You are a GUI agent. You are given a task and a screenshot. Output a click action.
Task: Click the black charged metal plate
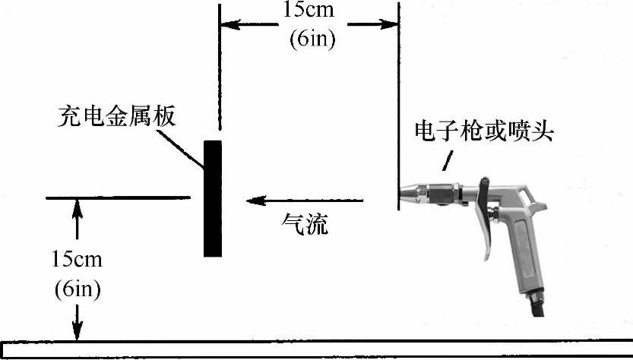213,197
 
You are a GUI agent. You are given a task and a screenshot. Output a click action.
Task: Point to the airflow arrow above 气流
304,201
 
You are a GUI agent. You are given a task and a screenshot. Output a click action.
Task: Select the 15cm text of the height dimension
77,258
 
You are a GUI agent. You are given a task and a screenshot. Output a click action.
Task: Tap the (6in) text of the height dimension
77,289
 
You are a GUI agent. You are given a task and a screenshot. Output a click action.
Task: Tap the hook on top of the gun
484,182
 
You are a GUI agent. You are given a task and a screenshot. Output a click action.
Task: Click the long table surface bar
316,349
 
